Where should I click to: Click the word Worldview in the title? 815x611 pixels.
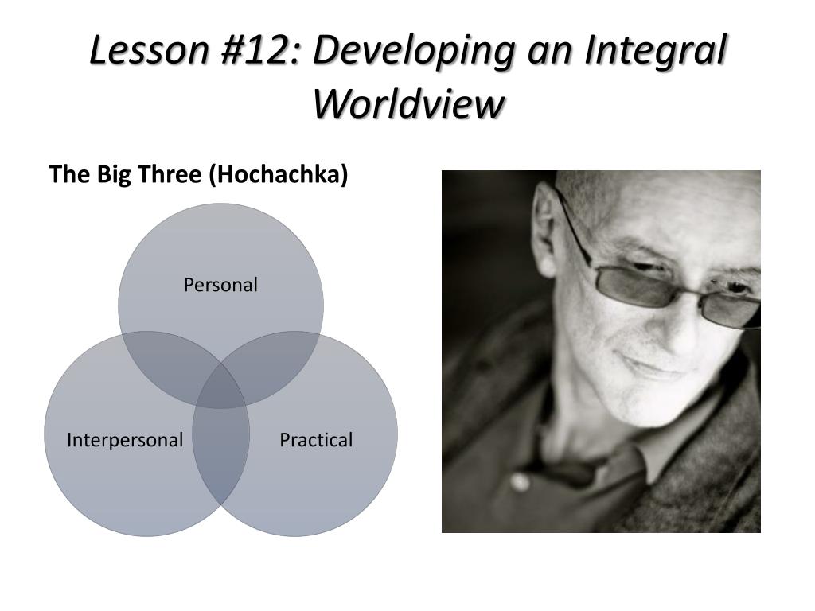(x=408, y=103)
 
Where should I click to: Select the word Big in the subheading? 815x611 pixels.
(x=115, y=174)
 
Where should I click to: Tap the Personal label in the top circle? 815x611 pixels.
(x=220, y=286)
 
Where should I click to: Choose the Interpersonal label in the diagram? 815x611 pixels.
(x=125, y=440)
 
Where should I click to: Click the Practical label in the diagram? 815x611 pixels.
(x=316, y=440)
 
